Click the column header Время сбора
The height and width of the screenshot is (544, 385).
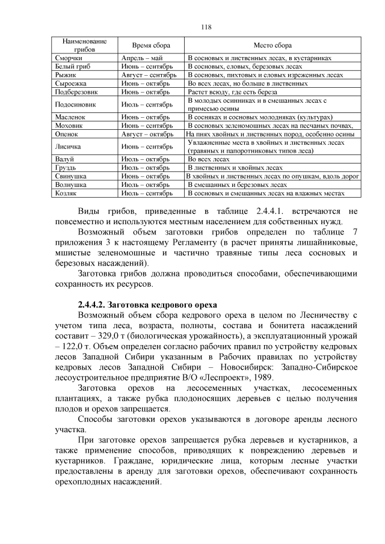(x=151, y=45)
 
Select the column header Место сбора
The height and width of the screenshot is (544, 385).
(x=273, y=45)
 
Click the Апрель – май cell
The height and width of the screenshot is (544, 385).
(x=141, y=58)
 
